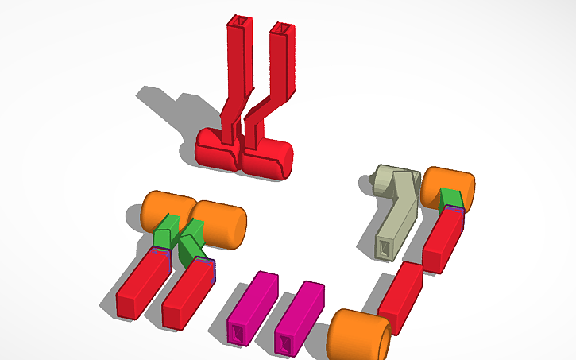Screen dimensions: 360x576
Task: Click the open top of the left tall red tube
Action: point(238,20)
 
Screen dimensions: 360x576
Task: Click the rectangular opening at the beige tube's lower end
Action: point(385,249)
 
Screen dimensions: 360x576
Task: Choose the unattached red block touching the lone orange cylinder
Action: point(401,296)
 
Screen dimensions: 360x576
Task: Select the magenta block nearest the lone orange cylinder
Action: point(299,316)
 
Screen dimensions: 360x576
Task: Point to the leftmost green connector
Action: point(164,233)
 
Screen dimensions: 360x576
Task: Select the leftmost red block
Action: point(141,284)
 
